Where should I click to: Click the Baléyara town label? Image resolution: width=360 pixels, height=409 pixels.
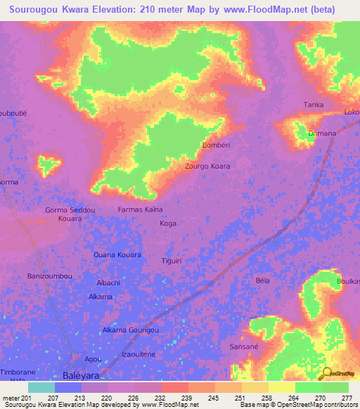click(82, 375)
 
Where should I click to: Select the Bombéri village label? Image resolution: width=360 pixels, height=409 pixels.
click(217, 145)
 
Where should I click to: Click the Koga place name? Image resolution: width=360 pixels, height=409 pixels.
click(168, 223)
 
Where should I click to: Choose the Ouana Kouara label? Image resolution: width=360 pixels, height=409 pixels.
click(117, 255)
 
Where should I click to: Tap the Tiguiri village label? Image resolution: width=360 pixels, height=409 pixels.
click(172, 260)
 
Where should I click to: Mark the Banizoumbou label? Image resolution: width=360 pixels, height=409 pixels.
click(49, 276)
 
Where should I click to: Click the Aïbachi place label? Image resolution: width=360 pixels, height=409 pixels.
click(108, 283)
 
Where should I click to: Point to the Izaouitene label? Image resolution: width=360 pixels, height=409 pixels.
click(139, 354)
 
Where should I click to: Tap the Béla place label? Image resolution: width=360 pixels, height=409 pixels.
click(263, 280)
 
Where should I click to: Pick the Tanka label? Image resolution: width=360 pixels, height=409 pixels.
click(314, 105)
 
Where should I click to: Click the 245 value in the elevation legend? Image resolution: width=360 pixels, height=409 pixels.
click(201, 398)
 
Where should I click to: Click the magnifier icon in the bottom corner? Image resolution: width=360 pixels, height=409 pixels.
click(325, 374)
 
